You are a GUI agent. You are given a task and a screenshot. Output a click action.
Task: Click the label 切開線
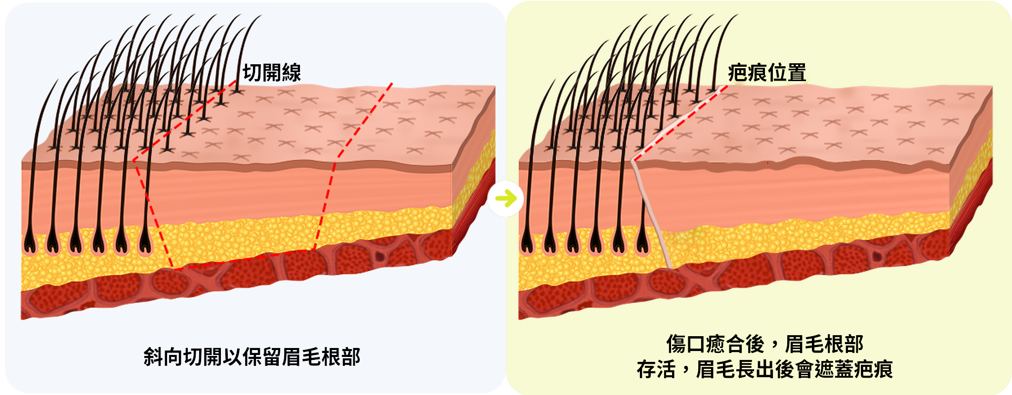click(272, 73)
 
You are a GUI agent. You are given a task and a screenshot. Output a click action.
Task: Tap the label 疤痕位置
click(767, 73)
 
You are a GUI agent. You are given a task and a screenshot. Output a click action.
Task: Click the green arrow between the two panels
click(506, 199)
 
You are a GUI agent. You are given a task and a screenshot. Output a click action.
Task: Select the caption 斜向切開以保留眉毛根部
click(252, 356)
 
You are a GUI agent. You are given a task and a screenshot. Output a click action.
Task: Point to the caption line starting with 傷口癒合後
click(764, 344)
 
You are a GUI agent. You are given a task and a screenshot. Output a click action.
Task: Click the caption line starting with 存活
click(764, 369)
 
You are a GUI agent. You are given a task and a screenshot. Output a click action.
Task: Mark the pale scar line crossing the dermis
click(651, 214)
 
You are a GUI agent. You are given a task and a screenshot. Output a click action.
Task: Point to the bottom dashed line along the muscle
click(244, 259)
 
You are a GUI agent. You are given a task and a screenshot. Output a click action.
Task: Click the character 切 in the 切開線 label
click(252, 73)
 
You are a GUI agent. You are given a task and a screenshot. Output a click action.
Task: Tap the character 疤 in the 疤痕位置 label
click(738, 73)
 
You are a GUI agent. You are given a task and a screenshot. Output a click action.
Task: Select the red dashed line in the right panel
click(680, 122)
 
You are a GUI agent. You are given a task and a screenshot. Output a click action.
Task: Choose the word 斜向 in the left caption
click(163, 356)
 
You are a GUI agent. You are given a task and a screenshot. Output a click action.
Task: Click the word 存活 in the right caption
click(656, 369)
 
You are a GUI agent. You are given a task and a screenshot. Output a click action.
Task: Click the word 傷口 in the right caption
click(686, 344)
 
